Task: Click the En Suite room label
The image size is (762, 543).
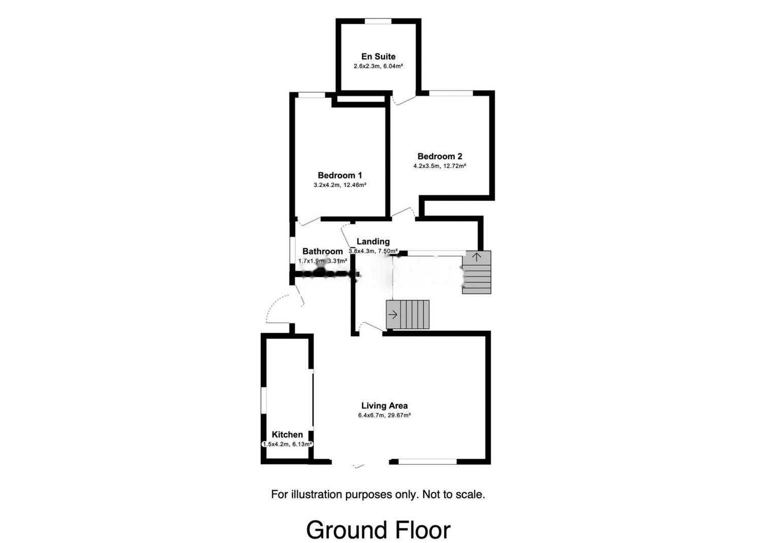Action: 378,56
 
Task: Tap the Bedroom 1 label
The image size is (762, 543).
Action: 340,175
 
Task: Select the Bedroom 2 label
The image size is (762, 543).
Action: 440,156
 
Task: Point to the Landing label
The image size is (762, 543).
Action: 373,242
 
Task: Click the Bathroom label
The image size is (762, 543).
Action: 323,251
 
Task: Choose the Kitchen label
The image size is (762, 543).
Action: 287,434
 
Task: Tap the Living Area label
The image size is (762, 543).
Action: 385,405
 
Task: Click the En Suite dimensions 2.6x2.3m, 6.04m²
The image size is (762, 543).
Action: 378,66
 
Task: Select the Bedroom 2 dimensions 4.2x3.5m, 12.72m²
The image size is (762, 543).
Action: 440,166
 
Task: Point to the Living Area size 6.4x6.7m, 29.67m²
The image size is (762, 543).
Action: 385,415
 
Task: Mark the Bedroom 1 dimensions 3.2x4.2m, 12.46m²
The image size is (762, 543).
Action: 340,185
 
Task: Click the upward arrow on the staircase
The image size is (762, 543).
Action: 477,257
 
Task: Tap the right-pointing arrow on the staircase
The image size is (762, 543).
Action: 393,315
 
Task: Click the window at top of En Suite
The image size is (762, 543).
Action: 378,21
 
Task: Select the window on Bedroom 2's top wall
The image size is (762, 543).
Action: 451,93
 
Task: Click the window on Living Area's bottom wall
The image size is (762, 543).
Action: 427,462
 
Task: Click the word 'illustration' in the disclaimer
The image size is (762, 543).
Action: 317,494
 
